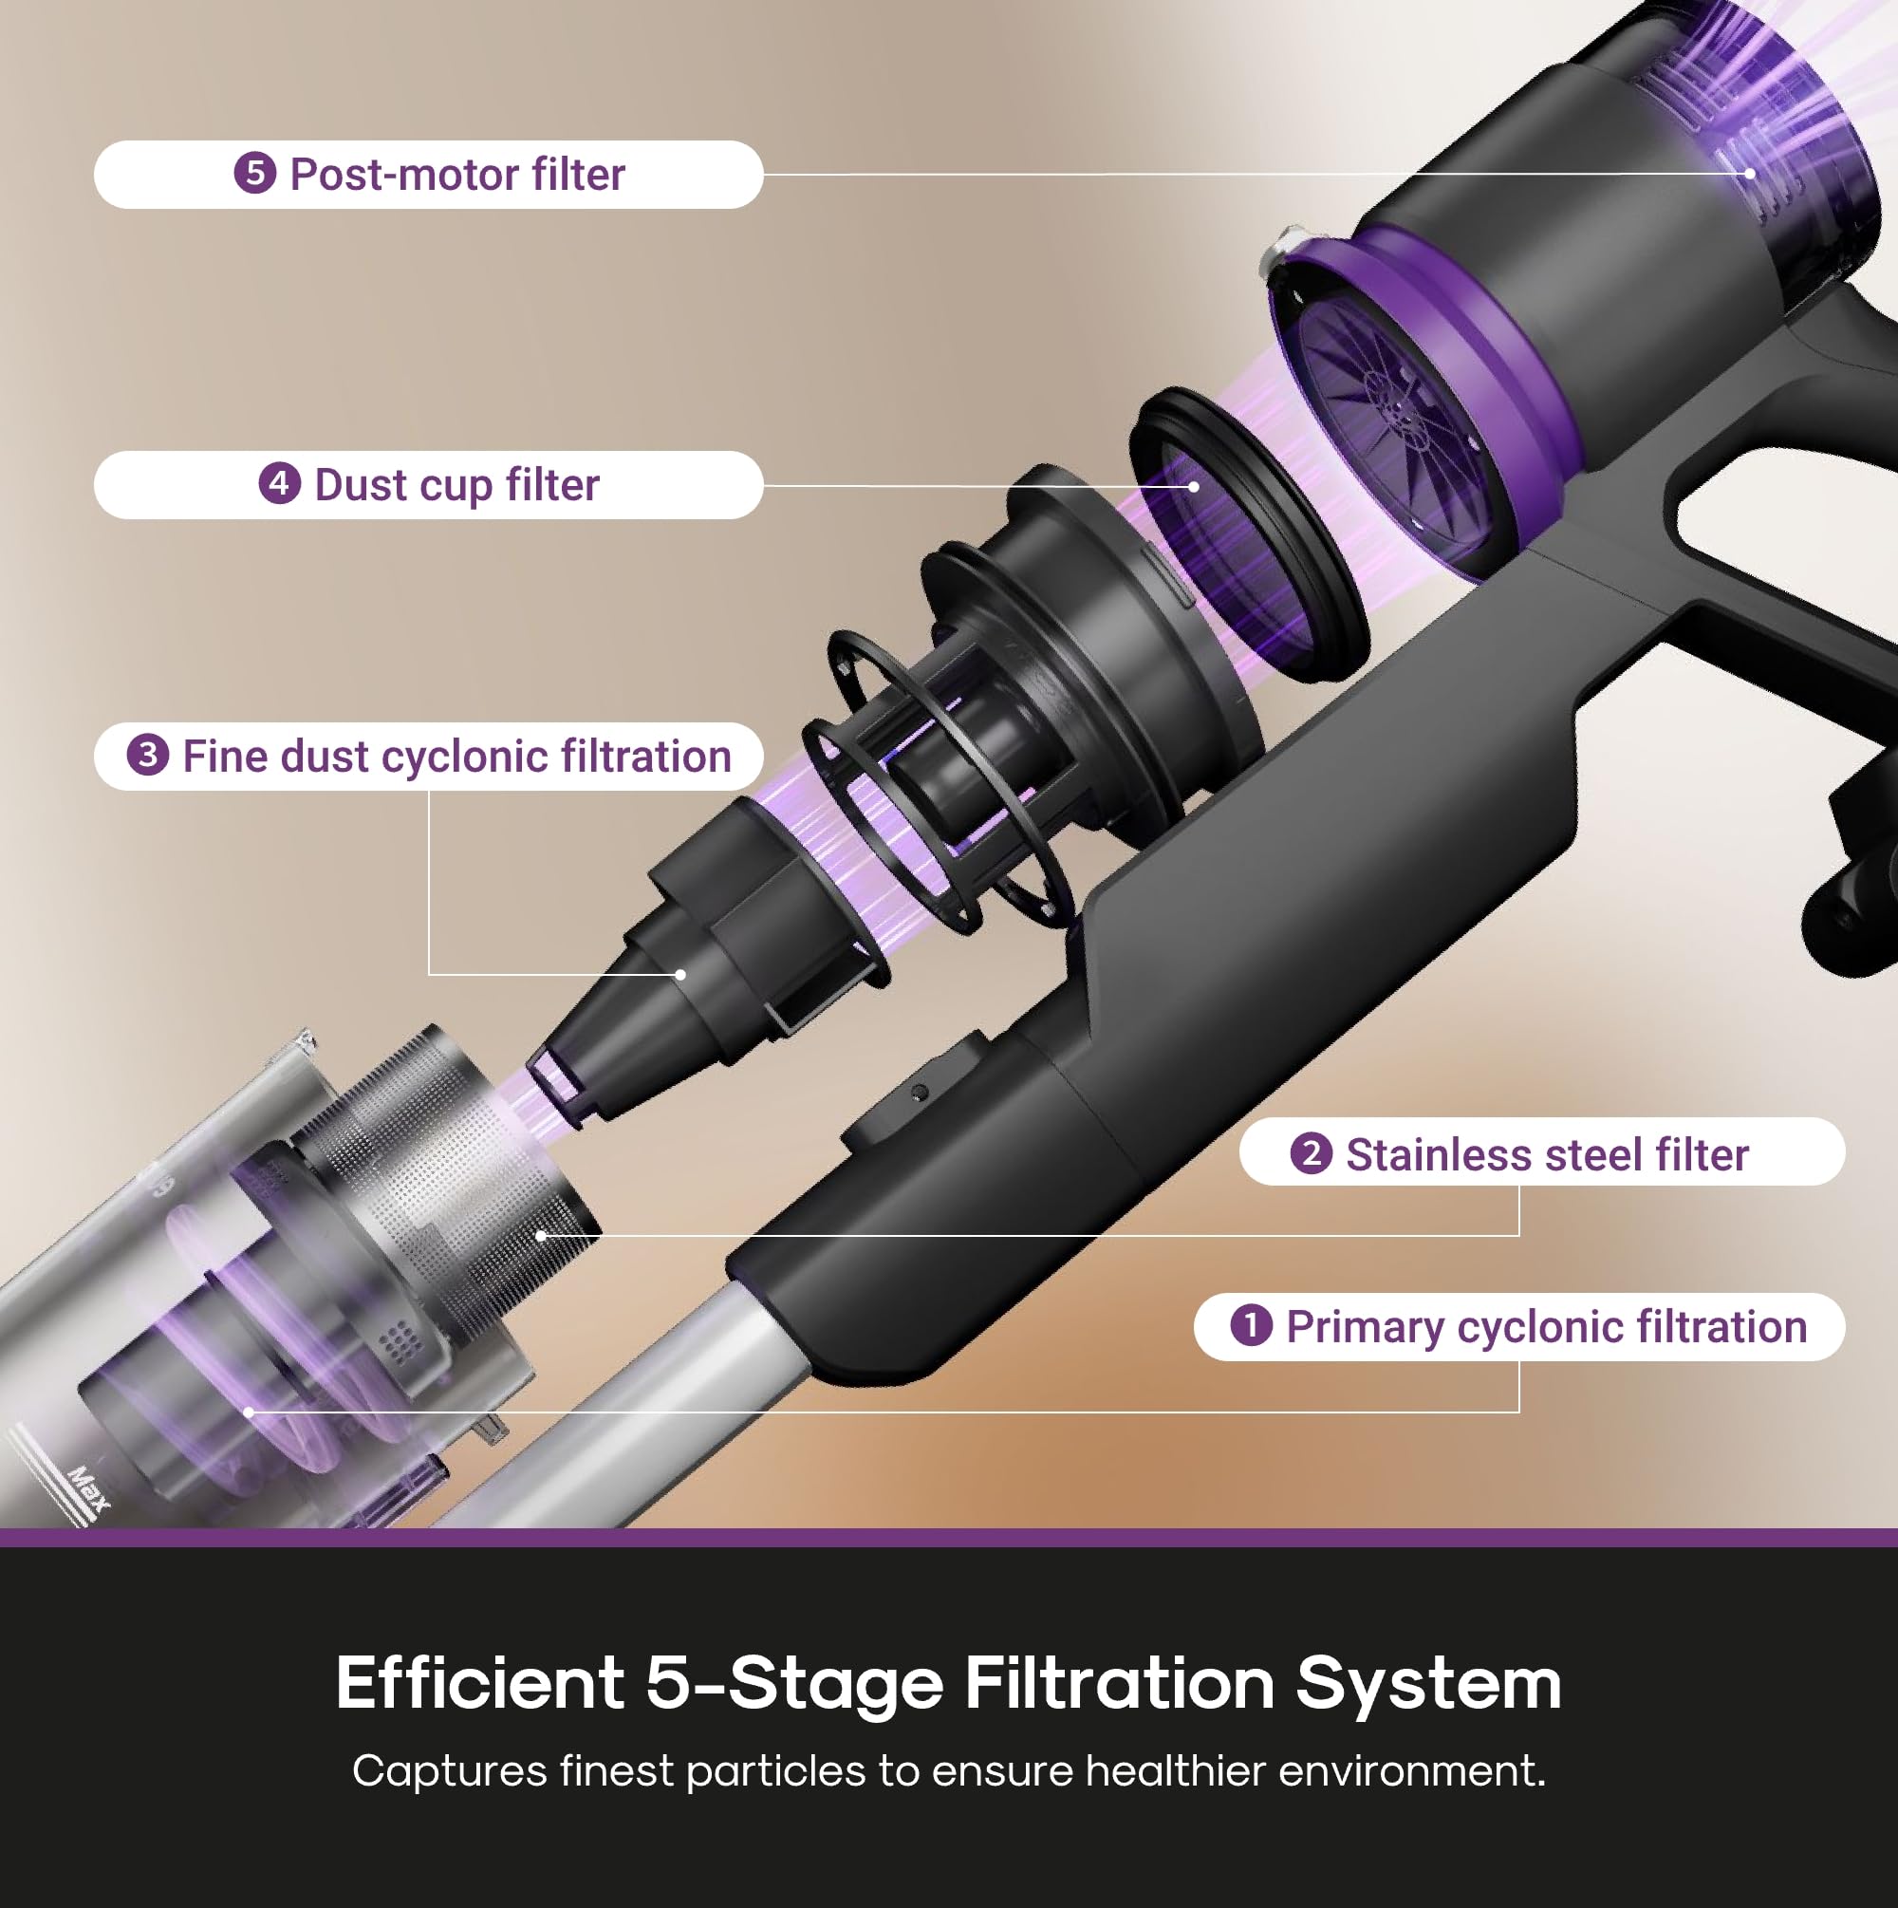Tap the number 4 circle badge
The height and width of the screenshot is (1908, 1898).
tap(279, 484)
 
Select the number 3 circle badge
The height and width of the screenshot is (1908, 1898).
tap(148, 756)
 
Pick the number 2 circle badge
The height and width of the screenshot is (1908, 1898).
tap(1312, 1153)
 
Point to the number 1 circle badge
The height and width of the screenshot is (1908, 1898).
tap(1251, 1325)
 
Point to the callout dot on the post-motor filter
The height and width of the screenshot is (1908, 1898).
tap(1749, 174)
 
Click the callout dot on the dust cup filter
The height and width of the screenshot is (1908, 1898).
tap(1195, 486)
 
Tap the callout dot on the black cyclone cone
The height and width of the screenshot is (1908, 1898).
tap(680, 975)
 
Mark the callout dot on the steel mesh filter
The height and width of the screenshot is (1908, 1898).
tap(541, 1234)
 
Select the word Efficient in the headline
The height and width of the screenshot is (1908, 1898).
tap(480, 1682)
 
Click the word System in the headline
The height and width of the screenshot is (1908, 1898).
tap(1428, 1684)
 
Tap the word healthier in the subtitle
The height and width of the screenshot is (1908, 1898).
tap(1174, 1770)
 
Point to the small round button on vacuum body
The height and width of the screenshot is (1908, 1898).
tap(919, 1093)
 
